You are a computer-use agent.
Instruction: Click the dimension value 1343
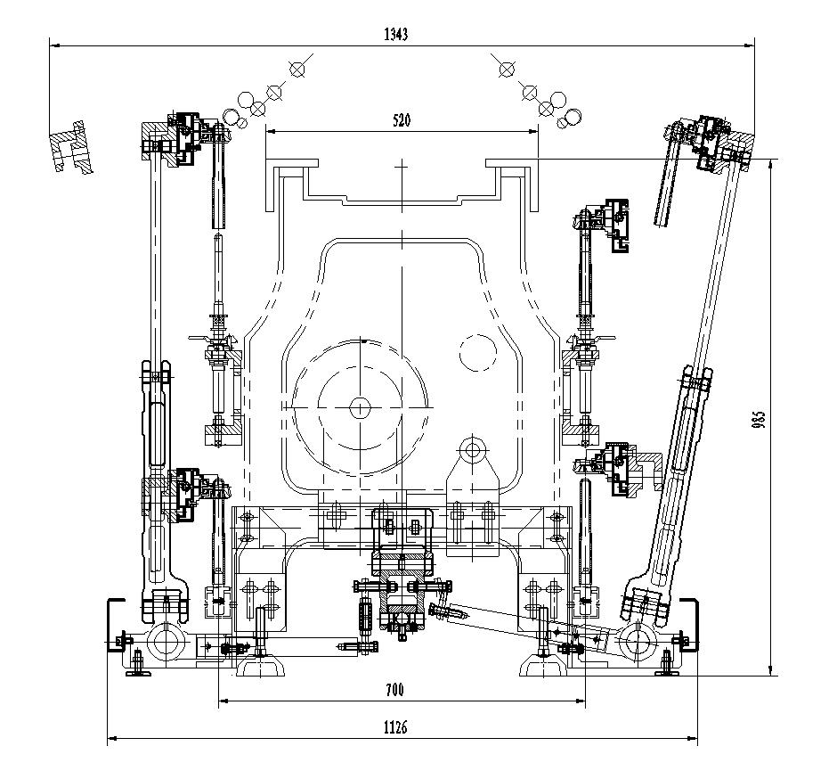pos(395,34)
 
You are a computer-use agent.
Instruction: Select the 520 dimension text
pos(402,120)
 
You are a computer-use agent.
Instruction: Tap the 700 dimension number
pos(394,690)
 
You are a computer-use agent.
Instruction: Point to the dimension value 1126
pos(395,727)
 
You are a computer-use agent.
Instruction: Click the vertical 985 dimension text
pos(759,418)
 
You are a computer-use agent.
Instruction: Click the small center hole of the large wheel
pos(359,408)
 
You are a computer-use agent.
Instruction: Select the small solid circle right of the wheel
pos(478,352)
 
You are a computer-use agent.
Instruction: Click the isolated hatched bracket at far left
pos(71,147)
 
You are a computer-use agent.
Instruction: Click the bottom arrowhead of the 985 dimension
pos(769,670)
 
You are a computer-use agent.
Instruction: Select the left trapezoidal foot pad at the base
pos(260,666)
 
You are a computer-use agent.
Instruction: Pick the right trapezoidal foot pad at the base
pos(543,666)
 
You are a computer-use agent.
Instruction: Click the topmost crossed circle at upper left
pos(297,69)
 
